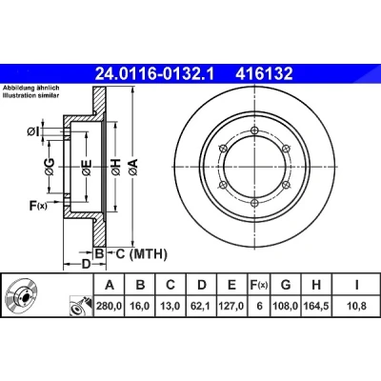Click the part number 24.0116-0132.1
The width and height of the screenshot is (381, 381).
click(155, 74)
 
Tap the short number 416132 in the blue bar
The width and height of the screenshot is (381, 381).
click(264, 74)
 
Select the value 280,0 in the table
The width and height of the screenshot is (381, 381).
click(110, 306)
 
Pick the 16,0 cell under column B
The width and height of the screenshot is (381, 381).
click(140, 306)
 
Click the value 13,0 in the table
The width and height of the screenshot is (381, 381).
click(170, 306)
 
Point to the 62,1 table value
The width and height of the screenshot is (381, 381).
click(201, 306)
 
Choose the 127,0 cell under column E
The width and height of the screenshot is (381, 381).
click(231, 306)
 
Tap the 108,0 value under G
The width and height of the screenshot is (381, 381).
click(286, 306)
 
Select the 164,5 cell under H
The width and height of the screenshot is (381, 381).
click(316, 306)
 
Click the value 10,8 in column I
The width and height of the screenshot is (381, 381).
click(357, 306)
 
